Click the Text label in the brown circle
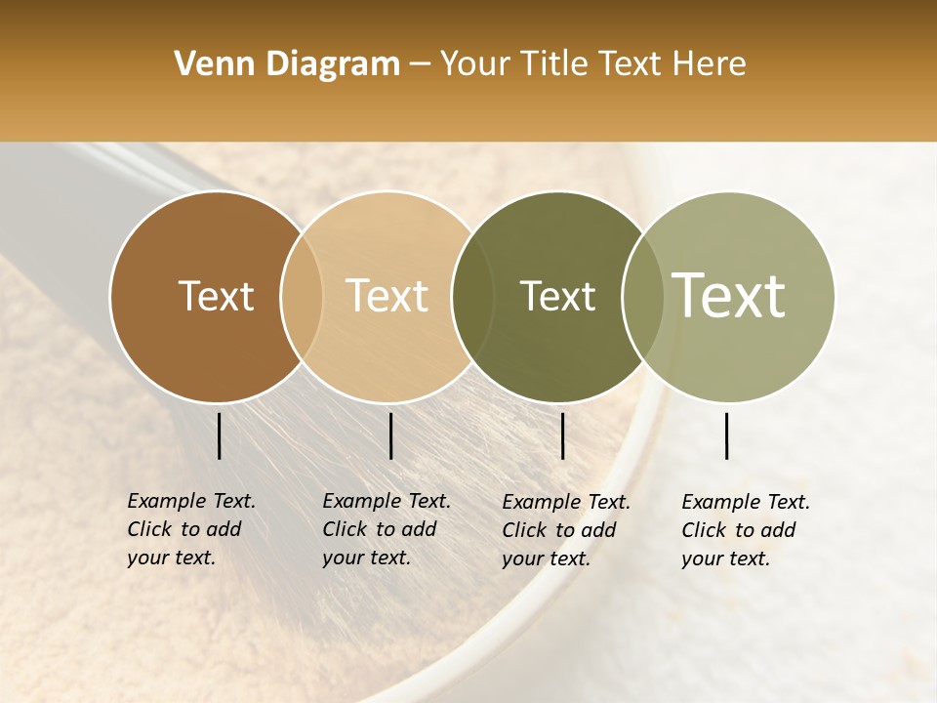coord(216,296)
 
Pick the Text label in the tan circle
coord(387,296)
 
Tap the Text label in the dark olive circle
coord(557,296)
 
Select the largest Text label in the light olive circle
coord(729,295)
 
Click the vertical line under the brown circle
coord(219,435)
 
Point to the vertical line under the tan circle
coord(390,435)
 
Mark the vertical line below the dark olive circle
coord(562,435)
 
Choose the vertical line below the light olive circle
coord(727,435)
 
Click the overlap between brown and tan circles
coord(302,297)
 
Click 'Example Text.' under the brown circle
coord(191,502)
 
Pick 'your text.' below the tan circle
coord(366,558)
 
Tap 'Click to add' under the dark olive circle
coord(559,530)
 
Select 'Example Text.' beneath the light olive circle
coord(746,503)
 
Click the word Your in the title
coord(474,64)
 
